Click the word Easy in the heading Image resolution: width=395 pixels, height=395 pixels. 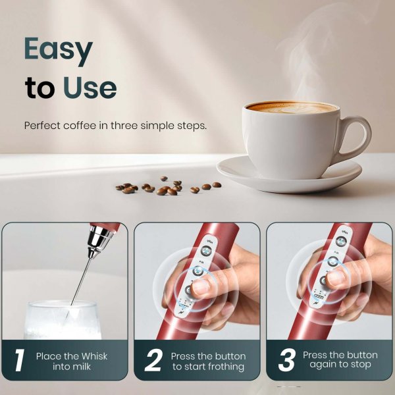(59, 49)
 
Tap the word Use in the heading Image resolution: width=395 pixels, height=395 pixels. (90, 88)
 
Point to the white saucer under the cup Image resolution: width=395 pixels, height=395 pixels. (290, 174)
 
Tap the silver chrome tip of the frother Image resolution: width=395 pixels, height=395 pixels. (99, 240)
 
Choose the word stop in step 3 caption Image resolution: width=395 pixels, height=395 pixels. (360, 365)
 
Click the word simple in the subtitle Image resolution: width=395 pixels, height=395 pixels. (159, 125)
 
